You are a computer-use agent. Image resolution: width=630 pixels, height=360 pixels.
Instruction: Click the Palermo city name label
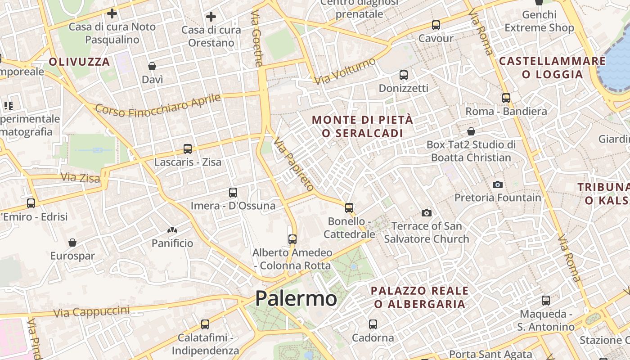pyautogui.click(x=296, y=299)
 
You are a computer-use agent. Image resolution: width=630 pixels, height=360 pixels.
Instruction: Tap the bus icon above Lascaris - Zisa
pyautogui.click(x=188, y=149)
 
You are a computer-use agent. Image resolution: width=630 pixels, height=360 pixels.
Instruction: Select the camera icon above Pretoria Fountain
pyautogui.click(x=497, y=184)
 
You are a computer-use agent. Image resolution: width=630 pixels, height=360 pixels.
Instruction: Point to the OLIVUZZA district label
pyautogui.click(x=79, y=62)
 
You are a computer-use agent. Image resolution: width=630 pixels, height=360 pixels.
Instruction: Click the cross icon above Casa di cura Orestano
pyautogui.click(x=211, y=17)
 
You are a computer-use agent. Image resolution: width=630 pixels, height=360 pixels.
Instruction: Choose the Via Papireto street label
pyautogui.click(x=293, y=164)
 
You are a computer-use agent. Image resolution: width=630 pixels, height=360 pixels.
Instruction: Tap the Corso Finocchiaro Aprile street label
pyautogui.click(x=158, y=106)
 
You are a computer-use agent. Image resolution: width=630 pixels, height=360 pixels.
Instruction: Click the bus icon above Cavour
pyautogui.click(x=436, y=25)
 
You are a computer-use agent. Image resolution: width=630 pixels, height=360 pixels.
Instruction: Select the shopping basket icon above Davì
pyautogui.click(x=152, y=67)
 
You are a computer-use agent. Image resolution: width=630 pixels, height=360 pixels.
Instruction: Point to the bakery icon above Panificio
pyautogui.click(x=172, y=230)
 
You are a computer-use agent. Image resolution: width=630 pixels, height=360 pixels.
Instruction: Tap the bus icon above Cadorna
pyautogui.click(x=373, y=324)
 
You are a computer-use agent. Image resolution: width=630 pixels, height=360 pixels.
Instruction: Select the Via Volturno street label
pyautogui.click(x=345, y=71)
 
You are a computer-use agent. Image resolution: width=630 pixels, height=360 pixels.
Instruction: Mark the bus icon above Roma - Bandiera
pyautogui.click(x=506, y=98)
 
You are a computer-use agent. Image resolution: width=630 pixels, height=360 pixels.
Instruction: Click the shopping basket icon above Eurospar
pyautogui.click(x=72, y=243)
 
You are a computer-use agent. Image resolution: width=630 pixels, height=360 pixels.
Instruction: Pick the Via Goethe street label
pyautogui.click(x=257, y=39)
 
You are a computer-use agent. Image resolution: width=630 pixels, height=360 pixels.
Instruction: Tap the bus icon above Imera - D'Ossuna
pyautogui.click(x=233, y=193)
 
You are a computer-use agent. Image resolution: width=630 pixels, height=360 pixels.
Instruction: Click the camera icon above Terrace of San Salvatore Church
pyautogui.click(x=426, y=213)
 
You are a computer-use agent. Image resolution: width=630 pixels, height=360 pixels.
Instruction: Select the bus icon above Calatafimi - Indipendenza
pyautogui.click(x=205, y=324)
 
